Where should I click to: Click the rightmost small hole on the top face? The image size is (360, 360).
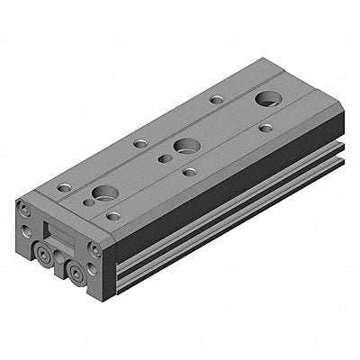(265, 129)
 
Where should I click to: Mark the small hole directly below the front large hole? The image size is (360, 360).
(112, 215)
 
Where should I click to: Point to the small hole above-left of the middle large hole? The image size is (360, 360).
(139, 142)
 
